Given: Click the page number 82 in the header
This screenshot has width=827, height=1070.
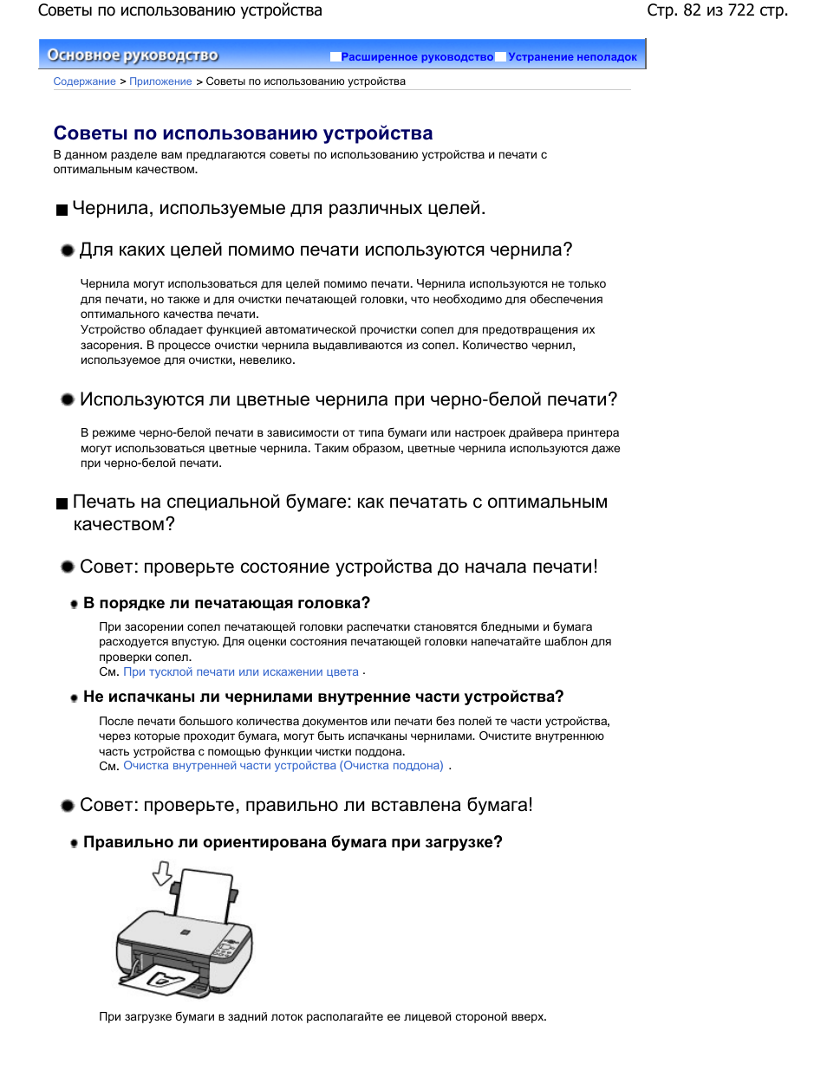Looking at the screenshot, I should pos(692,10).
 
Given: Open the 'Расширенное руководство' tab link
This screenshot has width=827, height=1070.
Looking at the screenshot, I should pos(417,57).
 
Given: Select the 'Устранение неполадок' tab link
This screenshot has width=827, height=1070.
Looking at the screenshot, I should pos(572,57).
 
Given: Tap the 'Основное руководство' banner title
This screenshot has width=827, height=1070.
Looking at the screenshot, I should pos(133,55).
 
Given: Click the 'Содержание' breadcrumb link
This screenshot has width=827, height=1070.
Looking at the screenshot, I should pos(84,81).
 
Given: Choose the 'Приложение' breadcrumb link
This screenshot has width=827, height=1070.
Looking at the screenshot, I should pos(160,81).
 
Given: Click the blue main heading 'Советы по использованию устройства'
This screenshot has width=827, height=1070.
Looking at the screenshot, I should pos(243,133).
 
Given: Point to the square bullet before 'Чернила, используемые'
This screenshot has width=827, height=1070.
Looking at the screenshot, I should pos(62,211).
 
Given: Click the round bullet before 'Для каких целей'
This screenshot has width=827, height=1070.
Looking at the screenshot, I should pos(68,250).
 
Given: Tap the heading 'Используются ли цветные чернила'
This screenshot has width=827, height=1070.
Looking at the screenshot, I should pos(348,399).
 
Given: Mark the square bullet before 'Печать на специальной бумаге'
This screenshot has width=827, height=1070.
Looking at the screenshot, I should pos(62,504).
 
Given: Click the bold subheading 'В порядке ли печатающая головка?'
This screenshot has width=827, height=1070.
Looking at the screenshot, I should pos(226,603).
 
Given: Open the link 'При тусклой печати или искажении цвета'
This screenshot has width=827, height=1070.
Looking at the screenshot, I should pos(241,672).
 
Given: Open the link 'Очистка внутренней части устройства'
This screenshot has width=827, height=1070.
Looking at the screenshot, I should pos(283,766).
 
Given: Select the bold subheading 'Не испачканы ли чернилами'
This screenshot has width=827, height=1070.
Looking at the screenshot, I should pos(323,697).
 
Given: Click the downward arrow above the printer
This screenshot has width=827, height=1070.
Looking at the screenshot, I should pos(162,873).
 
